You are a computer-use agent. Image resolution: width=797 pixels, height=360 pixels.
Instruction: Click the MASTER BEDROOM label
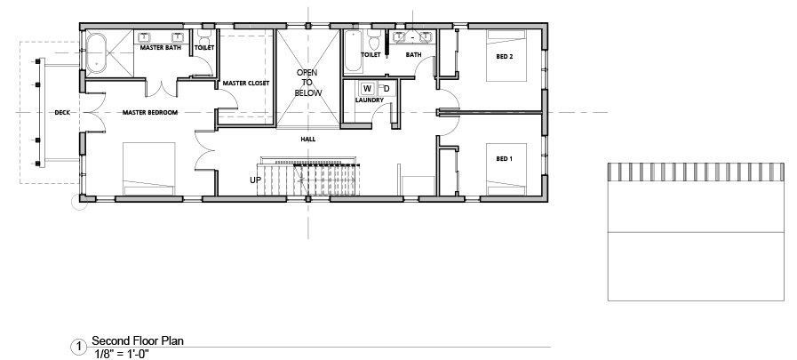click(x=150, y=112)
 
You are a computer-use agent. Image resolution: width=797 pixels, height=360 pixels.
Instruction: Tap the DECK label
click(x=62, y=112)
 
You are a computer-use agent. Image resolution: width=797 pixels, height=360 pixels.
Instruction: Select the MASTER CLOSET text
click(x=246, y=83)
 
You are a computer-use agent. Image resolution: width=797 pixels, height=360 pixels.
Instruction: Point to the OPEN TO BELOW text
click(x=308, y=83)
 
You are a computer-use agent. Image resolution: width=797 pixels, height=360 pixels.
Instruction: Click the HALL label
click(x=308, y=139)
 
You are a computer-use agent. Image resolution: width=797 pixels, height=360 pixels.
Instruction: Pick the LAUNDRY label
click(x=369, y=100)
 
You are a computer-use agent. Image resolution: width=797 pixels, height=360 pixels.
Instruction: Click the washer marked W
click(x=367, y=89)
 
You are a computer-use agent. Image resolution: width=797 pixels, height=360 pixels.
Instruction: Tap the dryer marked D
click(x=386, y=89)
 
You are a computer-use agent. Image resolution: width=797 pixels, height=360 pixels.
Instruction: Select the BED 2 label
click(x=504, y=56)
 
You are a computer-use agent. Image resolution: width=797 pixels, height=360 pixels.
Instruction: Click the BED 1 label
click(x=504, y=158)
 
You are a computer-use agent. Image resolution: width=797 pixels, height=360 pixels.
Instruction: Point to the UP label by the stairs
click(x=255, y=180)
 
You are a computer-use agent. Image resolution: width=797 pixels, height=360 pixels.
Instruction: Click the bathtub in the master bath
click(x=96, y=53)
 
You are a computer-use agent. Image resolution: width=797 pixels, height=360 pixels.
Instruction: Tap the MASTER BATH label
click(x=160, y=48)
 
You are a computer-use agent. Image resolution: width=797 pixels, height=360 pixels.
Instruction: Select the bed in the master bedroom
click(x=149, y=169)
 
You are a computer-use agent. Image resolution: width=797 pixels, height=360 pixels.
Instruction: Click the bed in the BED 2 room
click(x=506, y=55)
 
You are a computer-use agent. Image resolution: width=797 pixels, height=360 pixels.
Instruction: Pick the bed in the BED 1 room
click(x=506, y=169)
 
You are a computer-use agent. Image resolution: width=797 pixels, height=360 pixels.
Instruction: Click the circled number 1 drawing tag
click(x=78, y=347)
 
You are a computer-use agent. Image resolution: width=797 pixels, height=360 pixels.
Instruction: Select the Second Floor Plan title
click(x=137, y=340)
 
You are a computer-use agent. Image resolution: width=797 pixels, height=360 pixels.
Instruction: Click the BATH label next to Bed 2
click(x=413, y=54)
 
